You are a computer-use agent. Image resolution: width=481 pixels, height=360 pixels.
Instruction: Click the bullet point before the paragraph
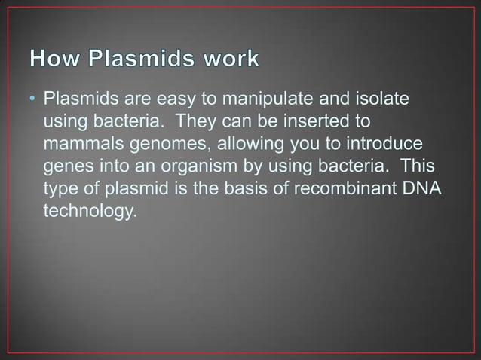pyautogui.click(x=34, y=101)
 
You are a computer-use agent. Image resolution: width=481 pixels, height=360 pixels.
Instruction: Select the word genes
pyautogui.click(x=67, y=166)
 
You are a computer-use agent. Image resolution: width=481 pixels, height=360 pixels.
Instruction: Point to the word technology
pyautogui.click(x=90, y=209)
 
